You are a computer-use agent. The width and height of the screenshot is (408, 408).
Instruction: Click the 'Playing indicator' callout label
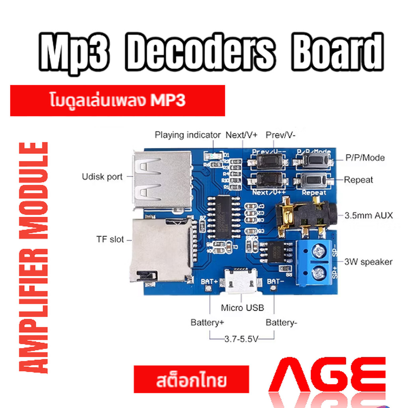pos(187,135)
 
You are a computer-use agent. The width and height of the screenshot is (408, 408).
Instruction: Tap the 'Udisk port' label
pos(102,177)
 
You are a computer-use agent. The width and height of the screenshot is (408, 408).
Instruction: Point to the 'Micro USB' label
pos(242,308)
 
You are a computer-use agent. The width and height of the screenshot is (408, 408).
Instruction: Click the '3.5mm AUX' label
pos(369,216)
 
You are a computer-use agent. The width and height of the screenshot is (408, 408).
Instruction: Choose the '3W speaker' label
pos(368,262)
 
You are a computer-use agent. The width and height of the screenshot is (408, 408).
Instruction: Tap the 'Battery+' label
pos(207,322)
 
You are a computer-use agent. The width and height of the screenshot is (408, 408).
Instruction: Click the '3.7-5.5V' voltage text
pos(241,339)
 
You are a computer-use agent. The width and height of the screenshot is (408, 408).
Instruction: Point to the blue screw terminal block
pos(317,263)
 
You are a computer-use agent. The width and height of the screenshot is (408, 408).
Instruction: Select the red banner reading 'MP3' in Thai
pos(118,101)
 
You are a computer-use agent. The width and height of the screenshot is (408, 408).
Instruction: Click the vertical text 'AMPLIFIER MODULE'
pos(34,257)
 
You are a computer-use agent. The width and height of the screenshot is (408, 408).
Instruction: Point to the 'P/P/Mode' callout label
pos(365,158)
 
